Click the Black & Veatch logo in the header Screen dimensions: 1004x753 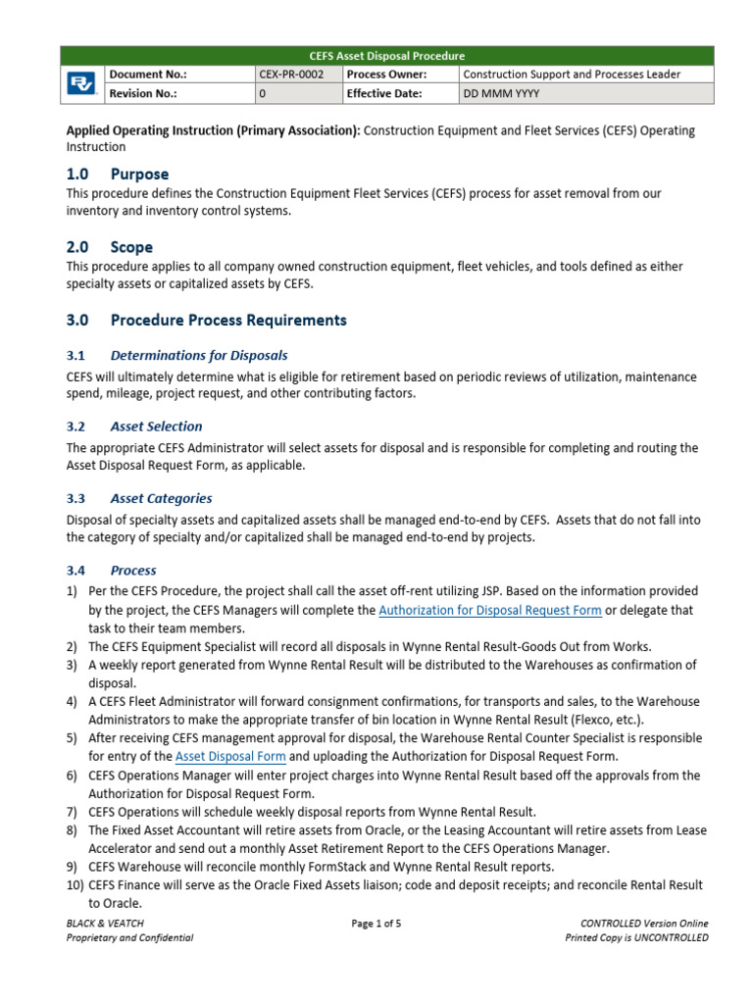tap(82, 84)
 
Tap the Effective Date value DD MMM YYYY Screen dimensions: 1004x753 tap(501, 94)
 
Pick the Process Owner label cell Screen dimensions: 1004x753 tap(385, 75)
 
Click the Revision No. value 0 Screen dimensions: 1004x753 tap(262, 94)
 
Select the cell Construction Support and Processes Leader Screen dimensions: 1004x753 tap(572, 75)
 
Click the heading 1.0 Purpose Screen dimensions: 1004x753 tap(118, 175)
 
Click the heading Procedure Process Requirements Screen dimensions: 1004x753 tap(228, 320)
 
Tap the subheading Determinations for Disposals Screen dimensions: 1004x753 tap(199, 355)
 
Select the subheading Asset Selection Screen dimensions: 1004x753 tap(157, 427)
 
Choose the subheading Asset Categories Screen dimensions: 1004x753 tap(161, 498)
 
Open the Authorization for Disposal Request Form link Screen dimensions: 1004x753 tap(489, 610)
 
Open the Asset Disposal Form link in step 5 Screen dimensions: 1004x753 tap(230, 757)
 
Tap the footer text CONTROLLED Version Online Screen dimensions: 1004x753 tap(644, 924)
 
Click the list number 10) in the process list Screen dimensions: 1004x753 tap(75, 885)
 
